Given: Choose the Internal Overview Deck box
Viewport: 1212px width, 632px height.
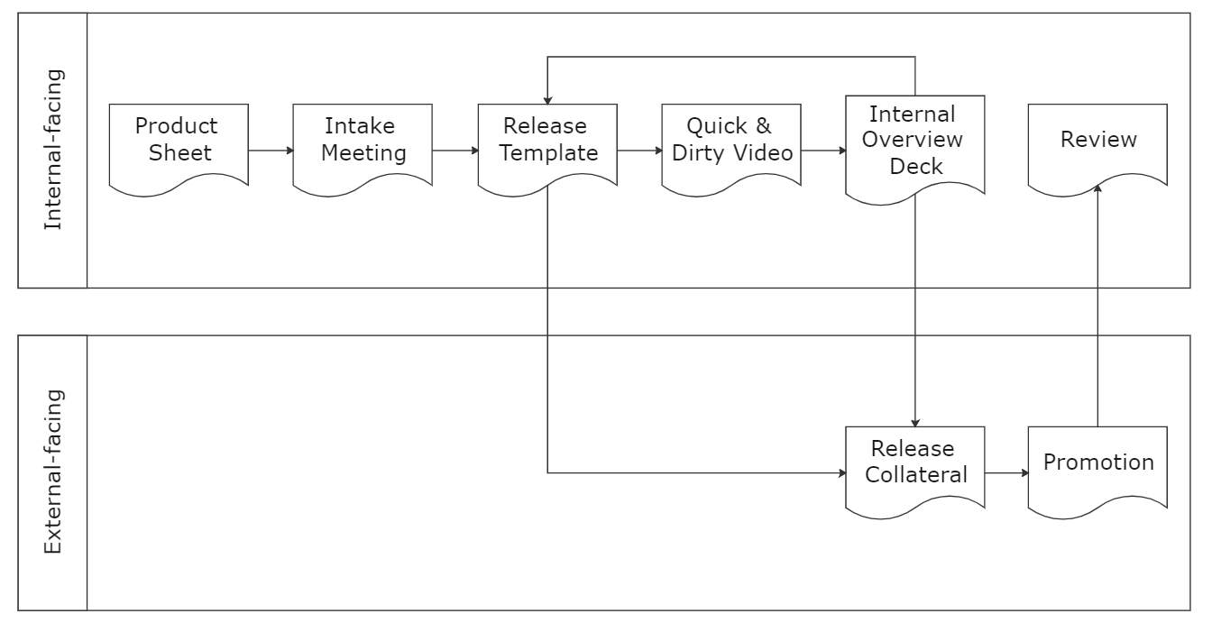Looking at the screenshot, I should (x=914, y=141).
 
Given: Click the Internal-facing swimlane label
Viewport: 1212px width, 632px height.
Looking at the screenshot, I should (x=53, y=151).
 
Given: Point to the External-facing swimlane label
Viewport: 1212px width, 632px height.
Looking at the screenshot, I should (x=53, y=472).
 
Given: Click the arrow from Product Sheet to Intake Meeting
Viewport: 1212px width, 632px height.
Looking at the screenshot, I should (x=271, y=151).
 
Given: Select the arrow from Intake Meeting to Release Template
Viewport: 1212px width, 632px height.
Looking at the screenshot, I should (x=455, y=151).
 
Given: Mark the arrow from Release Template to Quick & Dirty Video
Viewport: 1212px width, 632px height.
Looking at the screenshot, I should (x=639, y=151).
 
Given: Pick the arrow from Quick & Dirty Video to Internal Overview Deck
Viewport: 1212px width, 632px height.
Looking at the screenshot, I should (x=823, y=151).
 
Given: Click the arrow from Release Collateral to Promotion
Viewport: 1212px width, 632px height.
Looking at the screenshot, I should (x=1006, y=472).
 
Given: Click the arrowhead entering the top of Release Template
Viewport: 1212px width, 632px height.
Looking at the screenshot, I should (x=547, y=100).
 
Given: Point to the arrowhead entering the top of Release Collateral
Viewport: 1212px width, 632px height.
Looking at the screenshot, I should (x=915, y=422).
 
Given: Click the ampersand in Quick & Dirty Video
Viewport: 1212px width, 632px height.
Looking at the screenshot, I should (x=763, y=125).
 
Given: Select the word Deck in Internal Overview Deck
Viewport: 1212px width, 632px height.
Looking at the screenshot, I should (x=914, y=165).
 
